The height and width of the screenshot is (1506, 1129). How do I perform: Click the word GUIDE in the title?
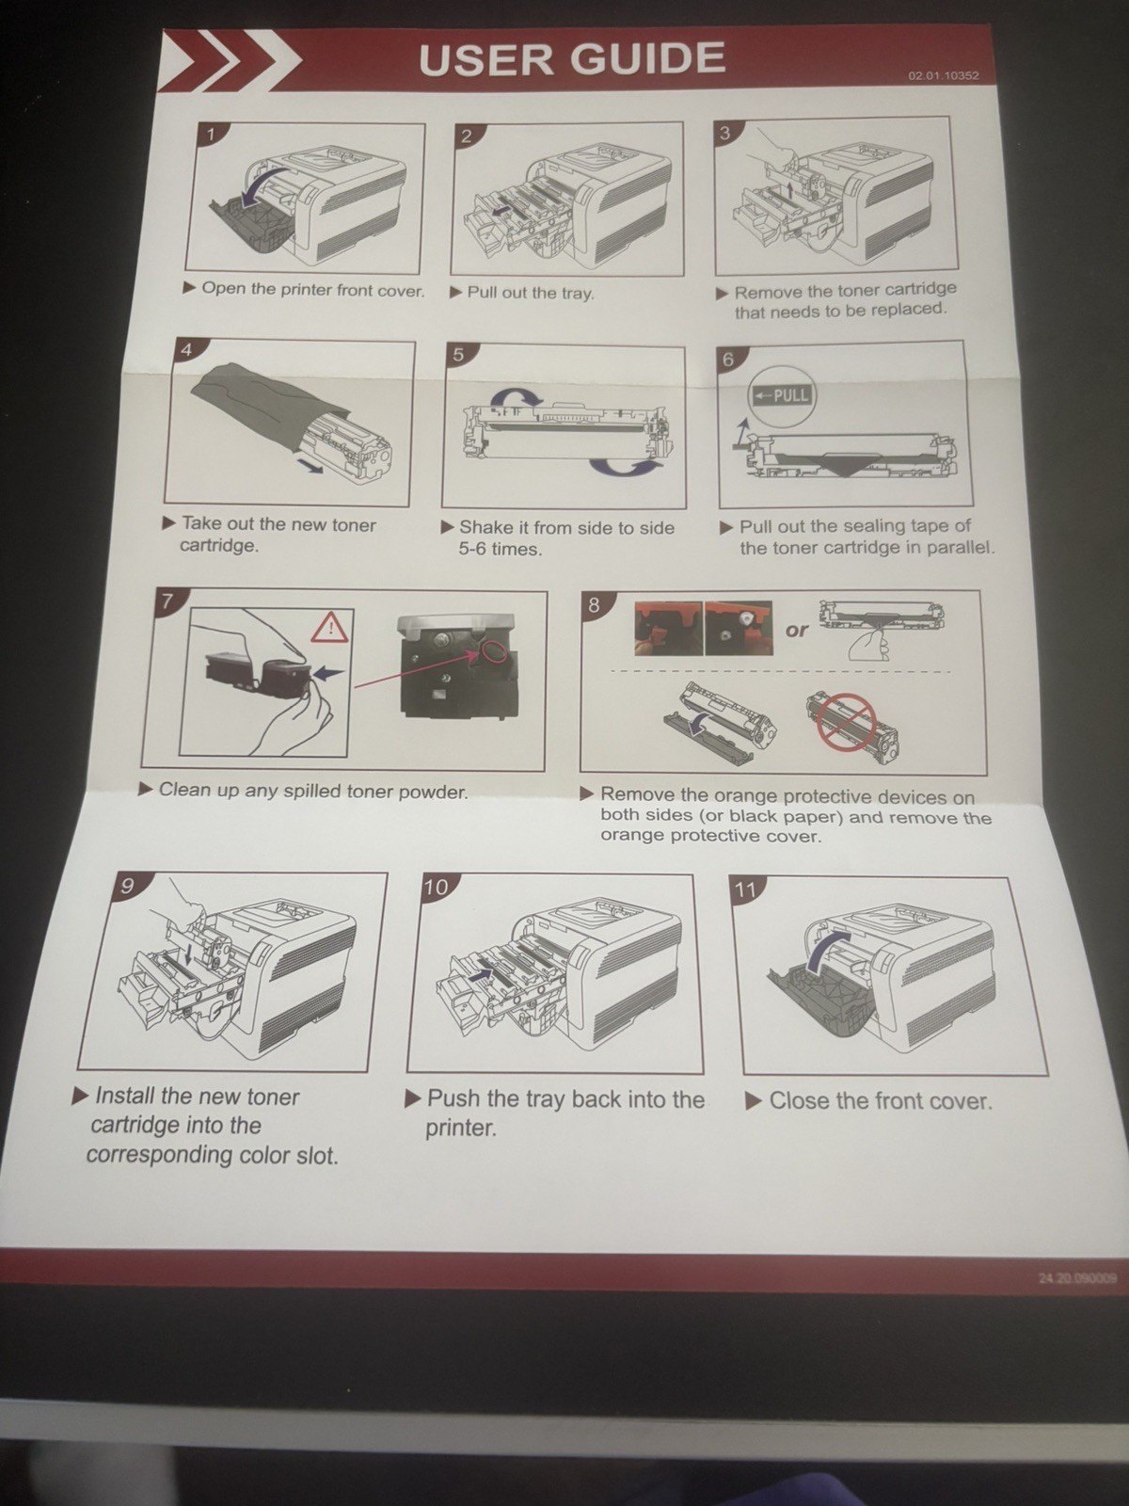(648, 58)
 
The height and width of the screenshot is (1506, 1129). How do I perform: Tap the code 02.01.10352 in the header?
(944, 76)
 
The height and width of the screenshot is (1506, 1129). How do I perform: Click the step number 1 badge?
(212, 135)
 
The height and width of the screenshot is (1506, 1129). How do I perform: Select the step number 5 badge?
(458, 355)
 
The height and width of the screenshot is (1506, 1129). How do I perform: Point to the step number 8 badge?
(594, 604)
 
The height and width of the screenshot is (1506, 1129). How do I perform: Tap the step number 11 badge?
(744, 889)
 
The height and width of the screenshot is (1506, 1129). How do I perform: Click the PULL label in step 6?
(782, 396)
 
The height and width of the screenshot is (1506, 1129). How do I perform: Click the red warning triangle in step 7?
(329, 627)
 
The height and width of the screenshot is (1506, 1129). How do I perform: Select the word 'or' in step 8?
(797, 629)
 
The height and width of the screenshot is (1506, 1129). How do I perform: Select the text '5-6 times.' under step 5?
(501, 550)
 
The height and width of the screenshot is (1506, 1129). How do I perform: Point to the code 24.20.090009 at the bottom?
(1077, 1277)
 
